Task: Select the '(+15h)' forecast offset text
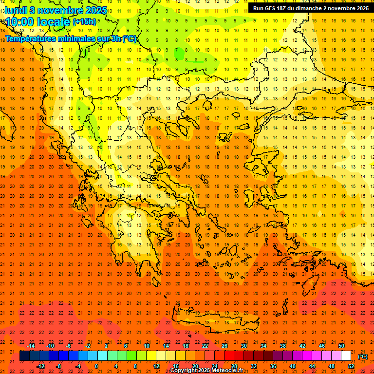pyautogui.click(x=84, y=22)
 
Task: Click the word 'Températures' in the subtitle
pyautogui.click(x=32, y=38)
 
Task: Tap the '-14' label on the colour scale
pyautogui.click(x=31, y=346)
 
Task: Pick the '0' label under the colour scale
pyautogui.click(x=96, y=366)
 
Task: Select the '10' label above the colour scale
pyautogui.click(x=146, y=346)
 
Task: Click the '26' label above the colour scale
pyautogui.click(x=224, y=346)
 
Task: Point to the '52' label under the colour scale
pyautogui.click(x=351, y=366)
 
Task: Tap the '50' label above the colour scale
pyautogui.click(x=341, y=346)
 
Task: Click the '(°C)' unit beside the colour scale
pyautogui.click(x=363, y=356)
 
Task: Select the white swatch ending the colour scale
pyautogui.click(x=346, y=356)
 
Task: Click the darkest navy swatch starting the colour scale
pyautogui.click(x=24, y=356)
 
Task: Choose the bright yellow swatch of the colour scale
pyautogui.click(x=151, y=356)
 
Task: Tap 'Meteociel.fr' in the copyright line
pyautogui.click(x=227, y=371)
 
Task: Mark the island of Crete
pyautogui.click(x=214, y=324)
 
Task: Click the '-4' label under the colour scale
pyautogui.click(x=77, y=366)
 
